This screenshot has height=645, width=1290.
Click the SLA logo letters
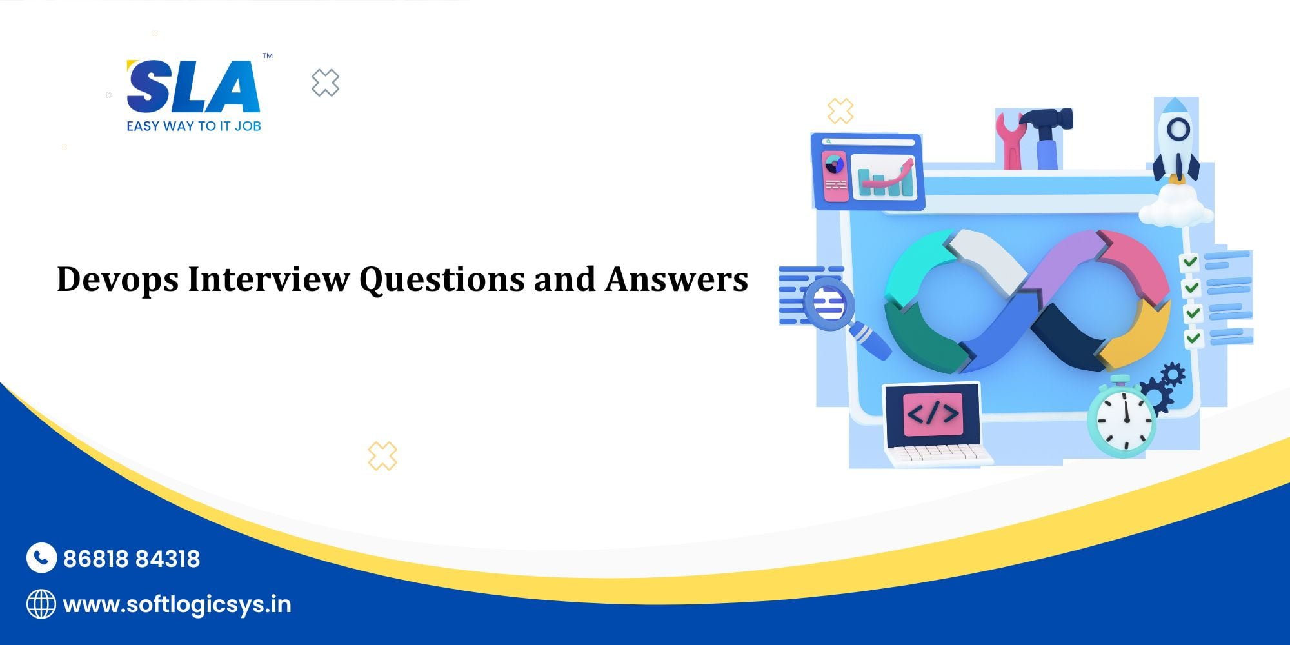click(193, 87)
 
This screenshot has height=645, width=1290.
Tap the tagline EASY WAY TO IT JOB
click(193, 126)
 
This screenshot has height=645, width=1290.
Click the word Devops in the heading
click(117, 280)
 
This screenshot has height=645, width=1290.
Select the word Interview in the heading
click(268, 279)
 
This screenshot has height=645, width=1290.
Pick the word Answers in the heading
click(676, 279)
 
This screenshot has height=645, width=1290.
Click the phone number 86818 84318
click(132, 559)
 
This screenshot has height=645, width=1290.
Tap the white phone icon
click(41, 558)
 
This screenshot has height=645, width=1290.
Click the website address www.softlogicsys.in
click(177, 605)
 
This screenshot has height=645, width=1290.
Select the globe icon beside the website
click(41, 604)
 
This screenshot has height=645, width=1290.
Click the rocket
click(1176, 139)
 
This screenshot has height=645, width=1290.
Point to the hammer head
click(1048, 119)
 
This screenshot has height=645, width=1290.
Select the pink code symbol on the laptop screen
click(933, 413)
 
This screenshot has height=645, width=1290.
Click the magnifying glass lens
click(829, 303)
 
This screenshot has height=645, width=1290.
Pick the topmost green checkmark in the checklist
click(1190, 262)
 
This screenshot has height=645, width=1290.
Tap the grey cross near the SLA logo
click(325, 83)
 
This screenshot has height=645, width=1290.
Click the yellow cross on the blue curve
click(382, 456)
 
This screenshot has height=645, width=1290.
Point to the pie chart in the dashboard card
click(835, 164)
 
